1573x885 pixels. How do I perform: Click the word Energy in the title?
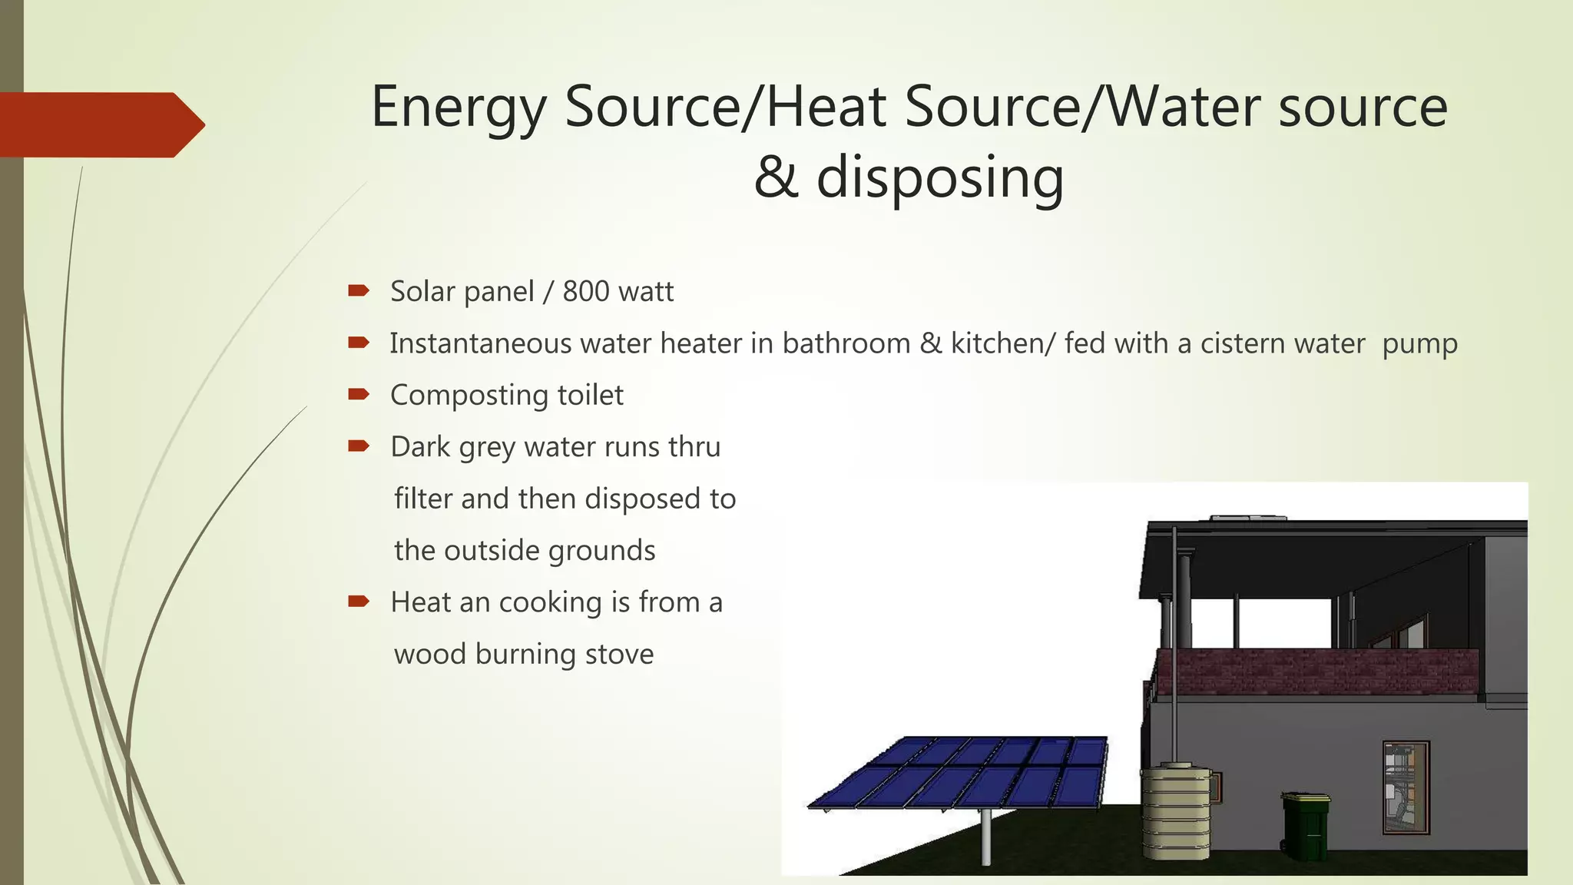pyautogui.click(x=458, y=108)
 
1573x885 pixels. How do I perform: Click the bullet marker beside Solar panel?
pyautogui.click(x=359, y=290)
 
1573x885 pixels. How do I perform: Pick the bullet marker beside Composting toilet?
pyautogui.click(x=359, y=394)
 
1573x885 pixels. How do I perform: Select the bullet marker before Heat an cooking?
pyautogui.click(x=359, y=601)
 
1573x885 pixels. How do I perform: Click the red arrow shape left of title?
pyautogui.click(x=100, y=124)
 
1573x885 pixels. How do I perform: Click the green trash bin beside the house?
pyautogui.click(x=1306, y=827)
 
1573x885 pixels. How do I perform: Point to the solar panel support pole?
pyautogui.click(x=986, y=837)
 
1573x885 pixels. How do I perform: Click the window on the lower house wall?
pyautogui.click(x=1406, y=787)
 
